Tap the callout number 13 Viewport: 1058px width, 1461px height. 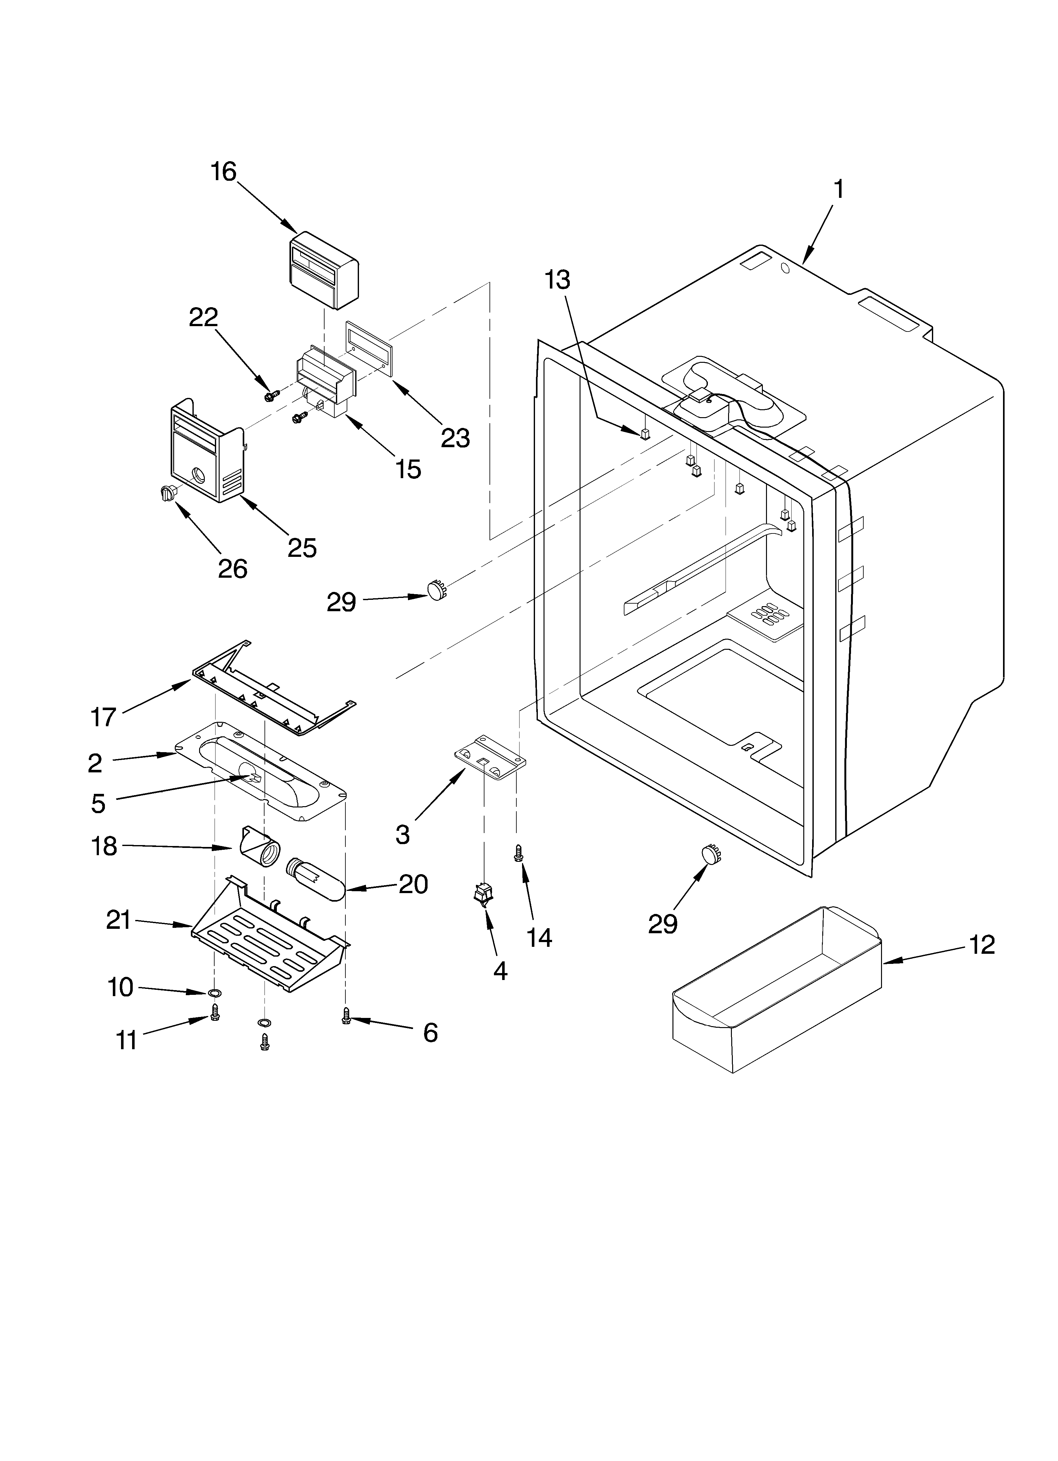[x=557, y=280]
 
